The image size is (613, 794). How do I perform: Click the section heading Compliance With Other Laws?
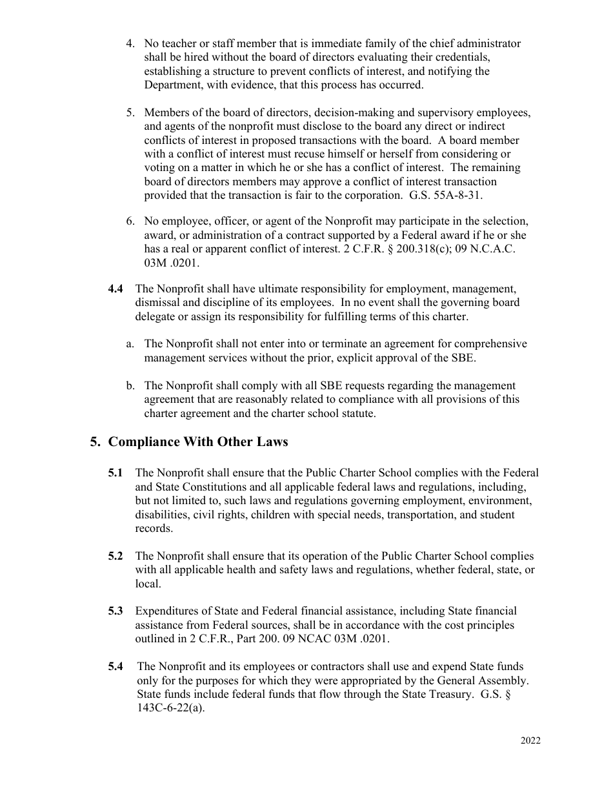197,442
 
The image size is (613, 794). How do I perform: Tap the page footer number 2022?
530,740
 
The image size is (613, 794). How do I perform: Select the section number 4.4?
116,289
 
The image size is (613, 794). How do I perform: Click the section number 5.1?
116,473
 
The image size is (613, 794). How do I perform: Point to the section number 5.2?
116,556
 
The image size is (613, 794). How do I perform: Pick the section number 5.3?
116,611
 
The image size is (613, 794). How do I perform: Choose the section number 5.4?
116,666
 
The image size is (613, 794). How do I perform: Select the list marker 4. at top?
130,44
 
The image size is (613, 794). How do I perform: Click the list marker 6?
130,222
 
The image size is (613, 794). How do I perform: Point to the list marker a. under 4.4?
130,344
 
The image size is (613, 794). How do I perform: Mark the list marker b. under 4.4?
130,385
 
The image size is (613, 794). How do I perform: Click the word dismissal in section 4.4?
158,303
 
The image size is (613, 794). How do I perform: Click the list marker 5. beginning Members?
130,112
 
